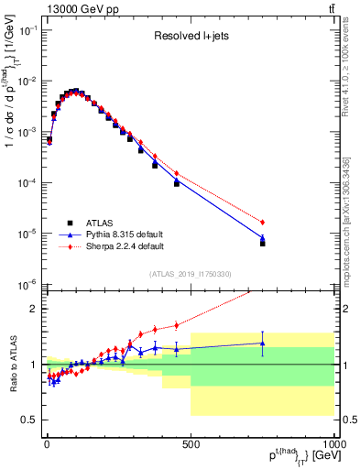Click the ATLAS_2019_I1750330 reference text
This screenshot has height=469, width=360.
tap(190, 274)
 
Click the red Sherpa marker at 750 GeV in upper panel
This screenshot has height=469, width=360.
tap(263, 223)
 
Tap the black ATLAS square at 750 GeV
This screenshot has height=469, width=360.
tap(263, 244)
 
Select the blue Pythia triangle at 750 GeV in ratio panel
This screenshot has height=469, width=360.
tap(263, 344)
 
